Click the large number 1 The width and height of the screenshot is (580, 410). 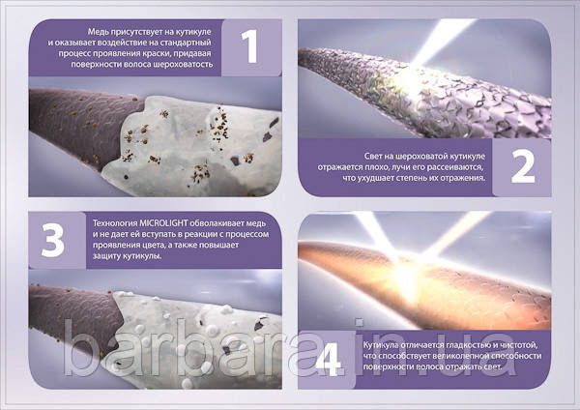(251, 46)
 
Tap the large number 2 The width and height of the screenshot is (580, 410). (523, 167)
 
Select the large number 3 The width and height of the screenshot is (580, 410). (53, 241)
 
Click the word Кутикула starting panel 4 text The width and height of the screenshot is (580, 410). (379, 345)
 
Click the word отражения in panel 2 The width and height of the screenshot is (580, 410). (467, 178)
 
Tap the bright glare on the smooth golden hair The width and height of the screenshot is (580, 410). (404, 274)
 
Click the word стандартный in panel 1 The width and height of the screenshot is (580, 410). (189, 43)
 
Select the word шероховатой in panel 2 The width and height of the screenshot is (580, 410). (425, 156)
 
